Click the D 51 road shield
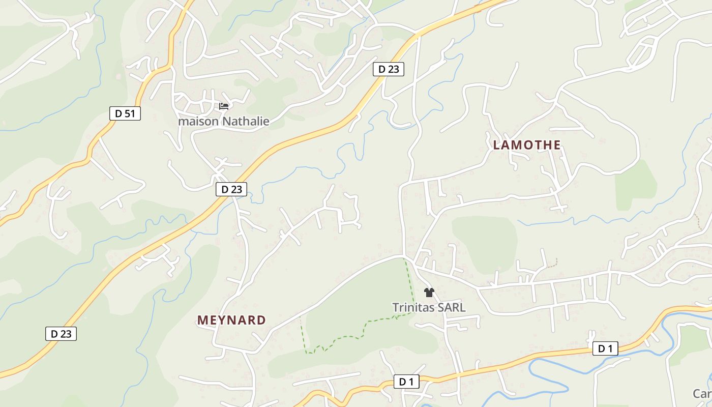pyautogui.click(x=125, y=113)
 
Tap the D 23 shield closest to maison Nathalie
pyautogui.click(x=231, y=189)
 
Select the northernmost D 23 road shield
pyautogui.click(x=389, y=69)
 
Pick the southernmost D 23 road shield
pyautogui.click(x=61, y=334)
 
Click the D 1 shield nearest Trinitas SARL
pyautogui.click(x=406, y=382)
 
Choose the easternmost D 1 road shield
pyautogui.click(x=605, y=348)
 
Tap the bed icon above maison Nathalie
pyautogui.click(x=224, y=106)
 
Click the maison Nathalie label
pyautogui.click(x=223, y=121)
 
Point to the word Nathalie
pyautogui.click(x=245, y=121)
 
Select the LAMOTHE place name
pyautogui.click(x=527, y=145)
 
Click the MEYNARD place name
pyautogui.click(x=231, y=320)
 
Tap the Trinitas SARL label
pyautogui.click(x=429, y=307)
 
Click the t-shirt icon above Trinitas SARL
pyautogui.click(x=429, y=293)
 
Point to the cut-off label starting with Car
pyautogui.click(x=702, y=393)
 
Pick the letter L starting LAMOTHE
pyautogui.click(x=497, y=145)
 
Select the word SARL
pyautogui.click(x=452, y=307)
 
